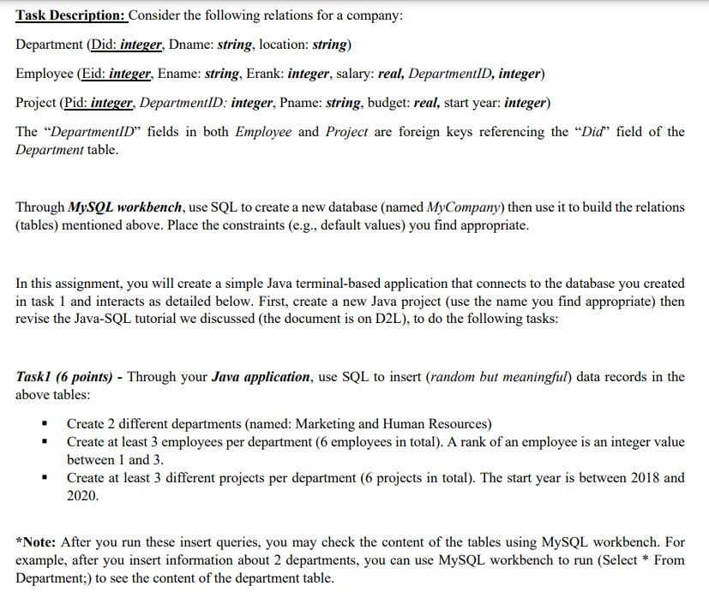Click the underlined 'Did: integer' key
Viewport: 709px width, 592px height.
tap(127, 45)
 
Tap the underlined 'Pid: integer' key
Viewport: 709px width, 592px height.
tap(99, 103)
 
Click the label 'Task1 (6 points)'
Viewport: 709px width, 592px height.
tap(68, 377)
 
